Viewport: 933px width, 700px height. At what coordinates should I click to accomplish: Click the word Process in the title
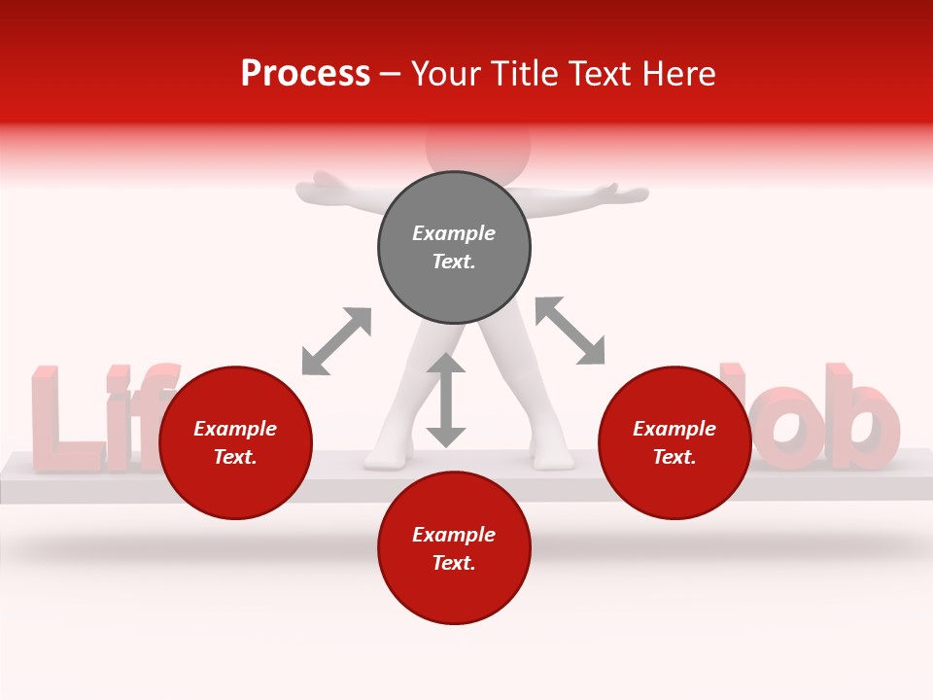(305, 74)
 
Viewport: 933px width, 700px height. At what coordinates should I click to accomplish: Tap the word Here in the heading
(680, 74)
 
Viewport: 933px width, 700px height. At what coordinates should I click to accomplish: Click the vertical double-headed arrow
(446, 400)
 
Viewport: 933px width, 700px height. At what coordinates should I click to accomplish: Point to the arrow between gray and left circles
(336, 340)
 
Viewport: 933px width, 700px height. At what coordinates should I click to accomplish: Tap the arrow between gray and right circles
(570, 331)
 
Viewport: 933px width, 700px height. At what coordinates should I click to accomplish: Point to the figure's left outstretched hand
(326, 187)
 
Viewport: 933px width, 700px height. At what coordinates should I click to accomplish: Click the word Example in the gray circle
(454, 233)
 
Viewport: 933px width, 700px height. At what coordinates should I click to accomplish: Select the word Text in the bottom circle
(454, 563)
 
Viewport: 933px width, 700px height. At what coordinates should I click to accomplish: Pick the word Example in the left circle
(235, 429)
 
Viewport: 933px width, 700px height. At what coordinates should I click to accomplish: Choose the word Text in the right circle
(674, 457)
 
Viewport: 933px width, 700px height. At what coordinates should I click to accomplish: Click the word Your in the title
(445, 74)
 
